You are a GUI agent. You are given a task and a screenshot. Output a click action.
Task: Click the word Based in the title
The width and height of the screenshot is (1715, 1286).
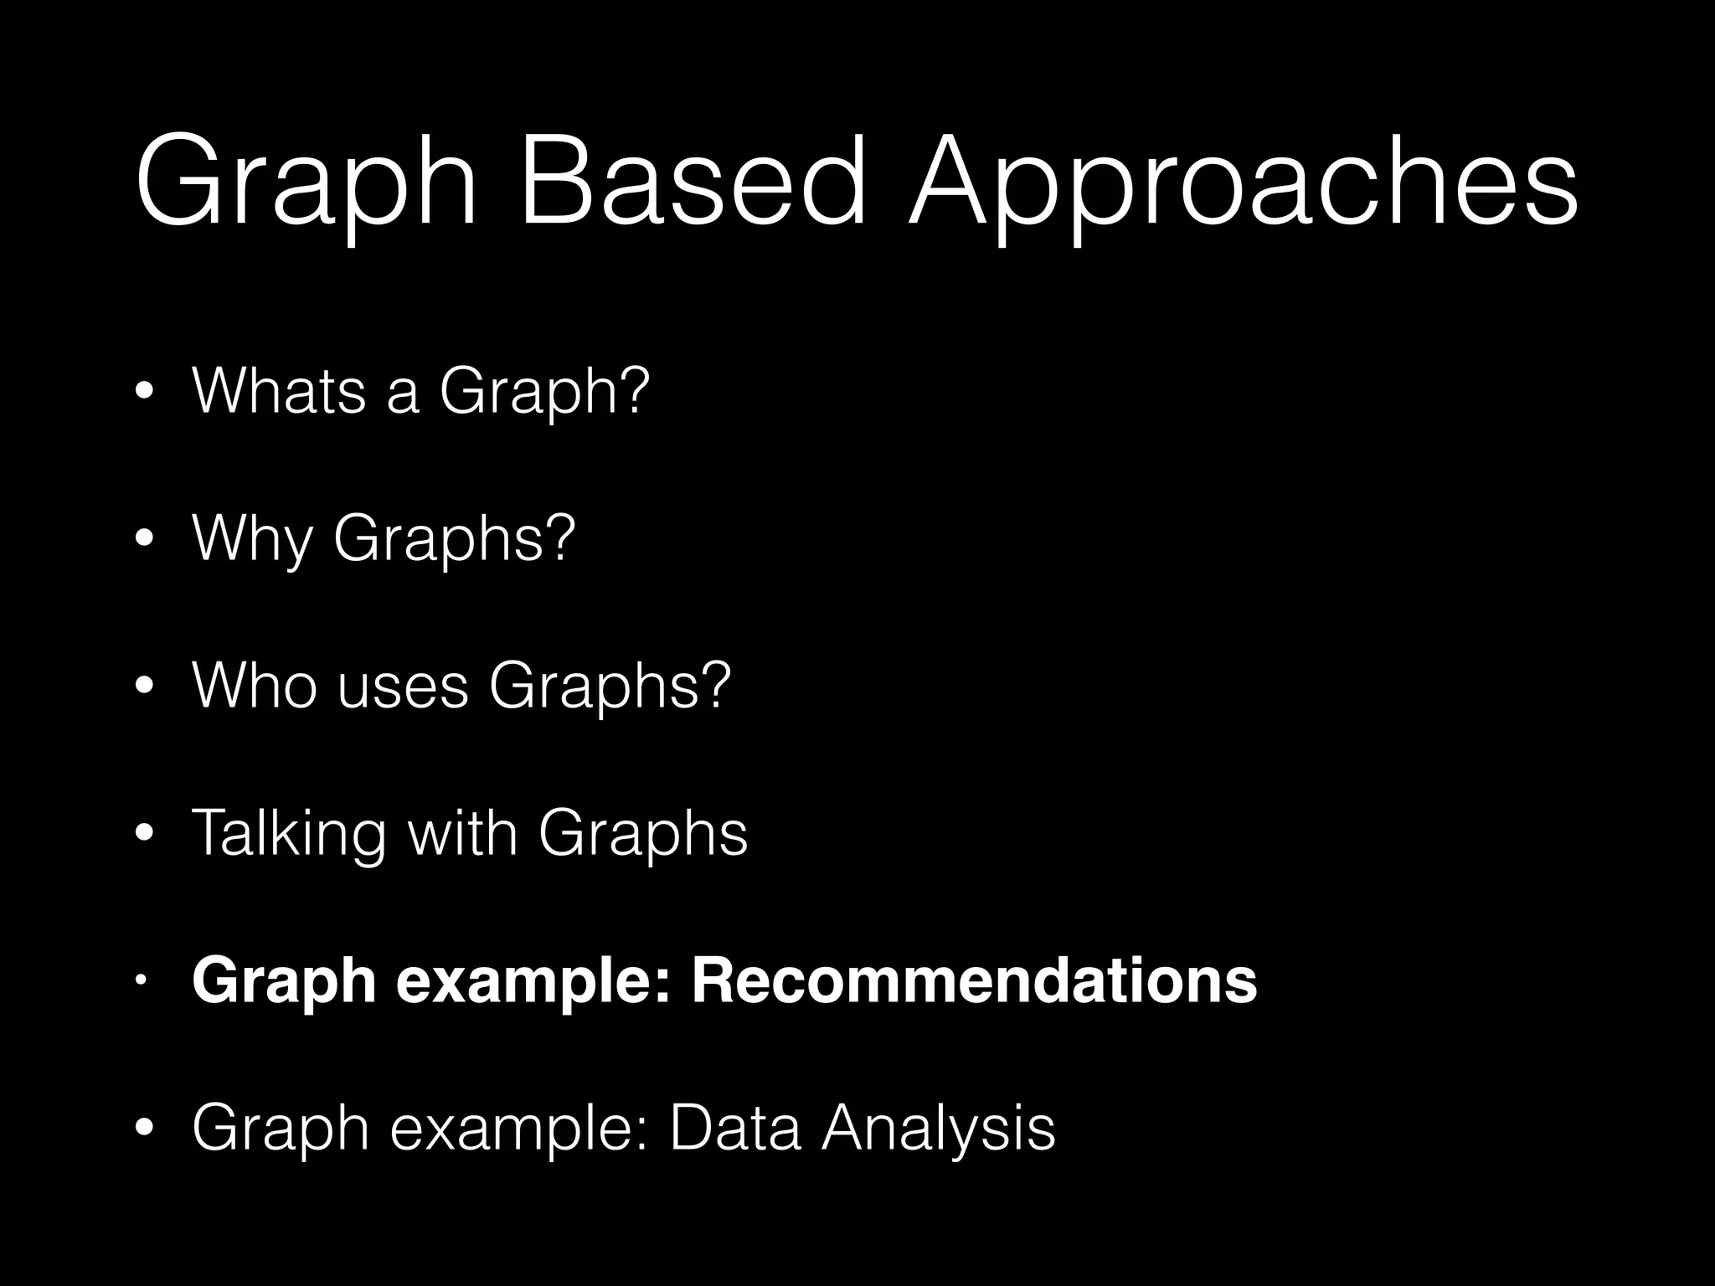click(x=692, y=182)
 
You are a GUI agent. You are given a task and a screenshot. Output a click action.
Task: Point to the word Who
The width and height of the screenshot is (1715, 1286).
click(x=255, y=686)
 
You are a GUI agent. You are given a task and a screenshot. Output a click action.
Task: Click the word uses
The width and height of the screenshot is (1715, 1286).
click(x=403, y=686)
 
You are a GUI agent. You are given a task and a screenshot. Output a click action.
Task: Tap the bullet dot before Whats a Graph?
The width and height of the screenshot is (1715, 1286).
click(x=145, y=393)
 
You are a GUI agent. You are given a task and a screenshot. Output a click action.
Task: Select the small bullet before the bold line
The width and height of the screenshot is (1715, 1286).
click(x=143, y=980)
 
